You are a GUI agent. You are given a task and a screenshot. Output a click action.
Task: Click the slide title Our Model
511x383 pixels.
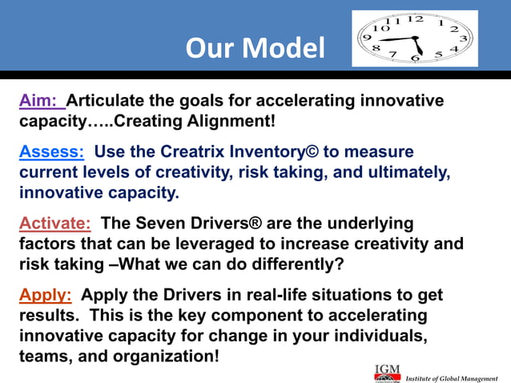coord(255,48)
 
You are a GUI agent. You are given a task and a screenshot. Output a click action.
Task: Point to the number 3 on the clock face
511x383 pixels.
coord(464,38)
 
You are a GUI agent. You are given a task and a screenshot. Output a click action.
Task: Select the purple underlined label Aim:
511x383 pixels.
coord(41,102)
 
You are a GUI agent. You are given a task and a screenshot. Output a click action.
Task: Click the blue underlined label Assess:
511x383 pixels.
coord(51,152)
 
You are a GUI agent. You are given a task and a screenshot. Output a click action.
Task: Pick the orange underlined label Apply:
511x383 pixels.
coord(46,295)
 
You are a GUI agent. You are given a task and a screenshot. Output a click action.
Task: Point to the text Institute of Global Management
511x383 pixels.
coord(454,377)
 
